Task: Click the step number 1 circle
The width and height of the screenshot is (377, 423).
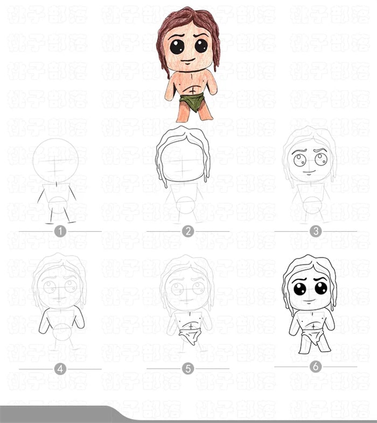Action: click(60, 231)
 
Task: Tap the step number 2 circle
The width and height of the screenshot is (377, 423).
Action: click(187, 231)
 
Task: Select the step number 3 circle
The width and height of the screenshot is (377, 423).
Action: click(315, 231)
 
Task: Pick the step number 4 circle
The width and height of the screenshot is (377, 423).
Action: click(60, 369)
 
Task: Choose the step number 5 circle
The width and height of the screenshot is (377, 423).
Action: click(187, 369)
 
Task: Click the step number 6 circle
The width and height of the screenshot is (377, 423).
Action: click(315, 367)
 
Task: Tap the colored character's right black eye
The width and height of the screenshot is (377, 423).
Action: click(201, 46)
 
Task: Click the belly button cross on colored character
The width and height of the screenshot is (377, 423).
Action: click(191, 91)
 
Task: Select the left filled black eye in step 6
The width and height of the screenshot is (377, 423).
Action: click(300, 289)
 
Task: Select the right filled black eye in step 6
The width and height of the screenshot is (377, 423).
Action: click(321, 288)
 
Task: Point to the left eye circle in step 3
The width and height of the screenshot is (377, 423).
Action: click(299, 160)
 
